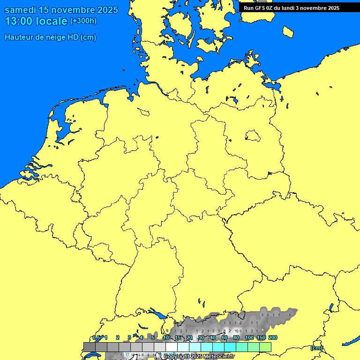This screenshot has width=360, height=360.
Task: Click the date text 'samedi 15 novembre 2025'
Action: tap(61, 10)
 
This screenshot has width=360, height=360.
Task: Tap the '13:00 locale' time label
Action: tap(36, 21)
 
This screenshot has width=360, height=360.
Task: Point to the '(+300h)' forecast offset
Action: tap(83, 21)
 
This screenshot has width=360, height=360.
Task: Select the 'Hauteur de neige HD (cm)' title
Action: tap(50, 37)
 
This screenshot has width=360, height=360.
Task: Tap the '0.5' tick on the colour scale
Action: tap(96, 338)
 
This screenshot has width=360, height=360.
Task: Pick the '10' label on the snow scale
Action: tap(166, 338)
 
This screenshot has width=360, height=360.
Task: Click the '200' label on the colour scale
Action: tap(272, 338)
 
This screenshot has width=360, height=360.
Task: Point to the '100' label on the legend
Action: tap(249, 338)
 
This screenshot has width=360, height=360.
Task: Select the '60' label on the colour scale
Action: tap(225, 338)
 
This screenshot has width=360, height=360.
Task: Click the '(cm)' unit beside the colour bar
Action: tap(316, 348)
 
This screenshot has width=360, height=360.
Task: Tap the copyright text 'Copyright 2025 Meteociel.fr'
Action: tap(199, 357)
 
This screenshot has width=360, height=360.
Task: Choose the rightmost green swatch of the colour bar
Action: tap(265, 346)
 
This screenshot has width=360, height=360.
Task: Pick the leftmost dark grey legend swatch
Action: tap(89, 346)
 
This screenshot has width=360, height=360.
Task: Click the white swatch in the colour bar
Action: tap(171, 346)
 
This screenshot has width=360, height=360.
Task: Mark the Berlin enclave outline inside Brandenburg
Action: tap(253, 136)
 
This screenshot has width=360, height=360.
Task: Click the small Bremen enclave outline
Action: tap(143, 112)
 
